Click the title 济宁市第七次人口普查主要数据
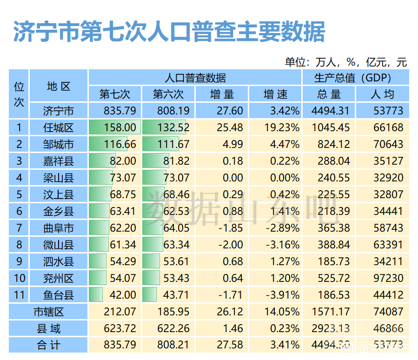point(169,32)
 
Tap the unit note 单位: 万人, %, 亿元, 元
point(346,62)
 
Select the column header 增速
point(275,94)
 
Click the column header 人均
point(382,94)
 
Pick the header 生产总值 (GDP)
point(356,78)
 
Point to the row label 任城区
point(59,127)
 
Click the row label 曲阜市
point(59,228)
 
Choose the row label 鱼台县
point(59,295)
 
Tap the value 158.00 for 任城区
point(121,127)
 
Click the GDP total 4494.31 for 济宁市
point(330,111)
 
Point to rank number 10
point(19,278)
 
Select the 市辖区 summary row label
point(48,312)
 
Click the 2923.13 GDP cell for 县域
point(330,329)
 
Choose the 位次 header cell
point(19,94)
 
